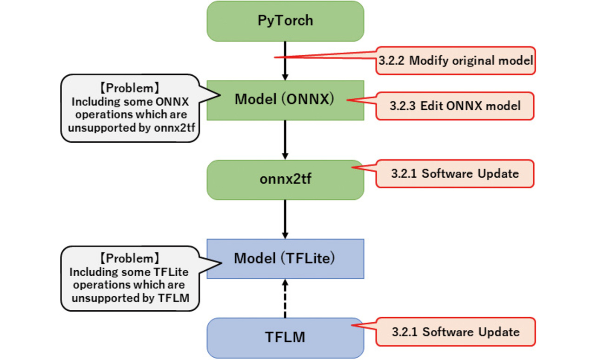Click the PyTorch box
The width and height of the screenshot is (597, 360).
285,21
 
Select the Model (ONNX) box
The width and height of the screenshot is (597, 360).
285,100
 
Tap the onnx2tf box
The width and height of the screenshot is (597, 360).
285,180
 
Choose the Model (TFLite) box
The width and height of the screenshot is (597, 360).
285,259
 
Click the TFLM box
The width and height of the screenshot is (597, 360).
285,337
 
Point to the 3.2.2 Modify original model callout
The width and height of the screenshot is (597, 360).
456,60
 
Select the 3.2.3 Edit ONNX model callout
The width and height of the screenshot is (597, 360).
455,106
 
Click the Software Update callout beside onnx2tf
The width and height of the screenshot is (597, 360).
455,174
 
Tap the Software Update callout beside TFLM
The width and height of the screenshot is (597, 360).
456,332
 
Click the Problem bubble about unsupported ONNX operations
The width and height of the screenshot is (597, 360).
131,108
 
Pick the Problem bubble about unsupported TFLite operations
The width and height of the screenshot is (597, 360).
131,278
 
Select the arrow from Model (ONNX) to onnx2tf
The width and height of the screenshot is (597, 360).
285,140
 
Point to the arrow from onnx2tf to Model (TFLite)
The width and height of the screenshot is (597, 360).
285,219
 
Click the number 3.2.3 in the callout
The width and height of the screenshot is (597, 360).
403,106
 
